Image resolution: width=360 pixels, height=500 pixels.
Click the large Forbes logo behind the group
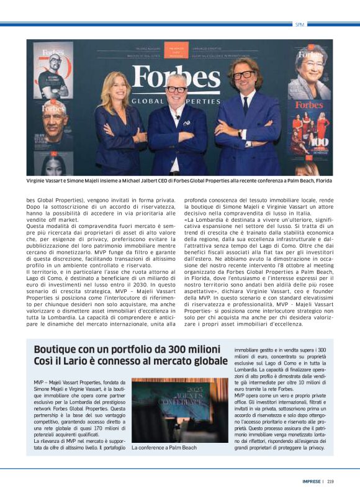point(176,79)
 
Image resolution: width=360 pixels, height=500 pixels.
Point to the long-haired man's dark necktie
point(246,104)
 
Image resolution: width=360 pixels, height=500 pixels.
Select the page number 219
point(330,480)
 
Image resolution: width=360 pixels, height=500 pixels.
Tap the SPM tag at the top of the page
point(300,24)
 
